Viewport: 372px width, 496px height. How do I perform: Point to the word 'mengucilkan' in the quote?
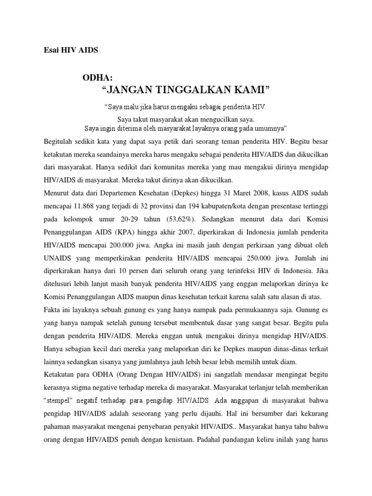215,119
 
